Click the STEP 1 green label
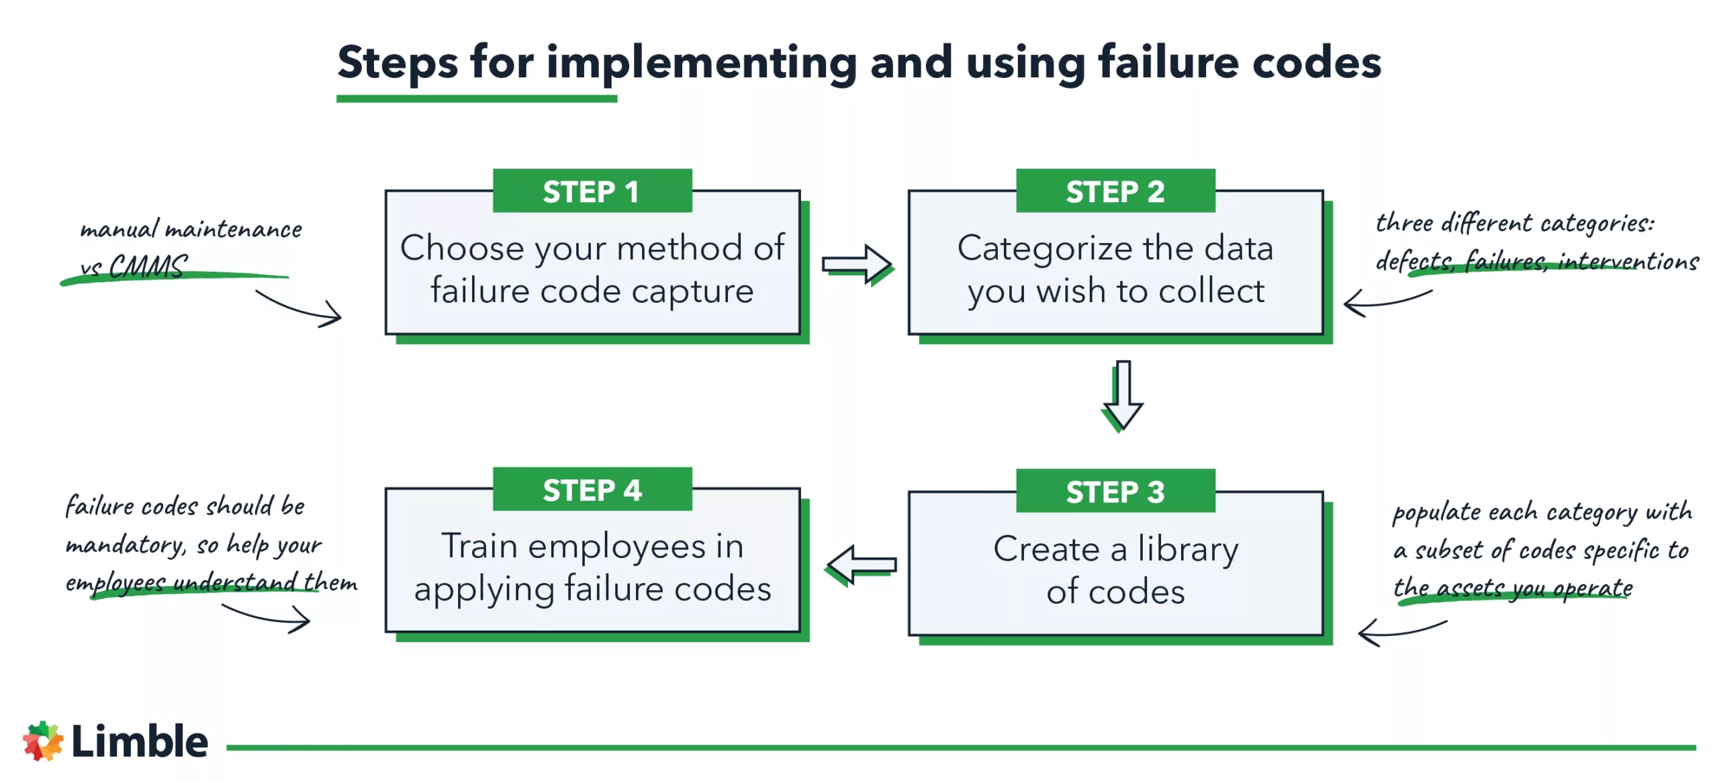[x=592, y=191]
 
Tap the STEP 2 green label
[x=1115, y=191]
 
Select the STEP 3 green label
[x=1115, y=491]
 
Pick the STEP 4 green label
[x=592, y=490]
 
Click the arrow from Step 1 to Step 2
[x=856, y=263]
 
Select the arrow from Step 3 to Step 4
[x=862, y=564]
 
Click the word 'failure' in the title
[x=1168, y=62]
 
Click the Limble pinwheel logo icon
[x=42, y=741]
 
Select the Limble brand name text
[x=140, y=741]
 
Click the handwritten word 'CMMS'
[x=148, y=267]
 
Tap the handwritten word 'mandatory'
[x=125, y=544]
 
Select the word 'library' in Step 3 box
[x=1187, y=549]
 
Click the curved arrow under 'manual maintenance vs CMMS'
[x=299, y=309]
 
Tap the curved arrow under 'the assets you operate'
[x=1401, y=631]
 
